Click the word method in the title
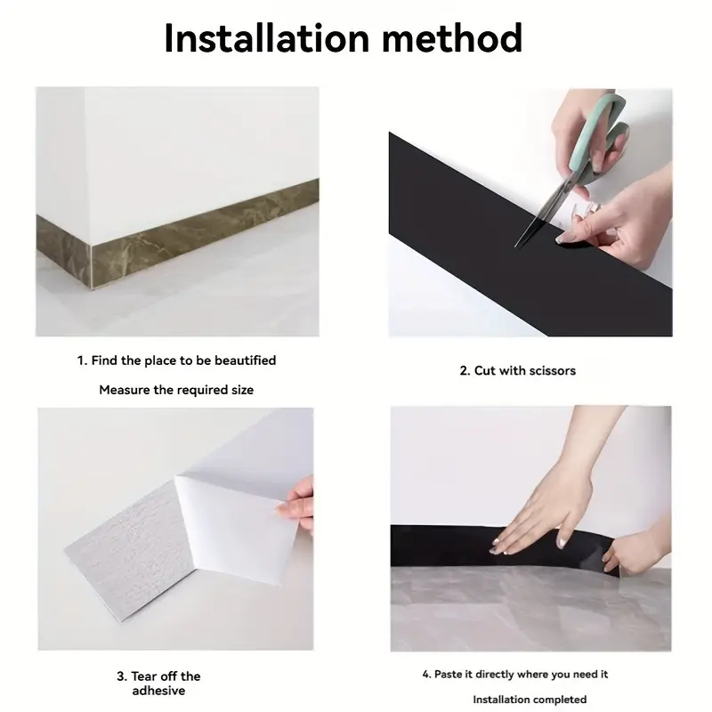452,38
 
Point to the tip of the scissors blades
515,247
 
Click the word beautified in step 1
246,360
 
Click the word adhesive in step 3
159,691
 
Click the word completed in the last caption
561,700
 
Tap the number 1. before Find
82,360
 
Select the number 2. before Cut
465,371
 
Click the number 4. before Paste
426,675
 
